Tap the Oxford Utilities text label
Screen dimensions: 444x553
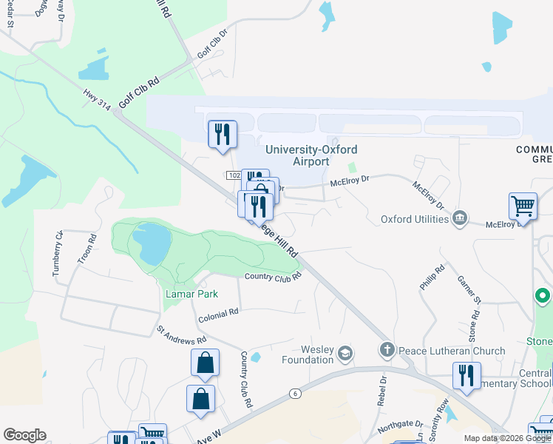coord(415,219)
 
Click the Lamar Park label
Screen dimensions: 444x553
coord(191,294)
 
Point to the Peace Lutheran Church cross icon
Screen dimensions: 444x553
coord(387,349)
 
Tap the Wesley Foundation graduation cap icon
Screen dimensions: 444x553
coord(345,355)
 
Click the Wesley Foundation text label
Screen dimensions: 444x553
coord(307,354)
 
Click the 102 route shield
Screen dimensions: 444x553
coord(234,175)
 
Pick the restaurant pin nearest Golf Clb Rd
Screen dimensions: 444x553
coord(222,135)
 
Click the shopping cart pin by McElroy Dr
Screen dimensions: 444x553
coord(523,206)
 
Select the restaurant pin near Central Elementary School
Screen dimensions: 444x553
coord(467,376)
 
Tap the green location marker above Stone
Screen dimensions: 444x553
coord(543,297)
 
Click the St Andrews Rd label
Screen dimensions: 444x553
coord(181,334)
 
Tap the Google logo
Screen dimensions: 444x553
coord(24,435)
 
